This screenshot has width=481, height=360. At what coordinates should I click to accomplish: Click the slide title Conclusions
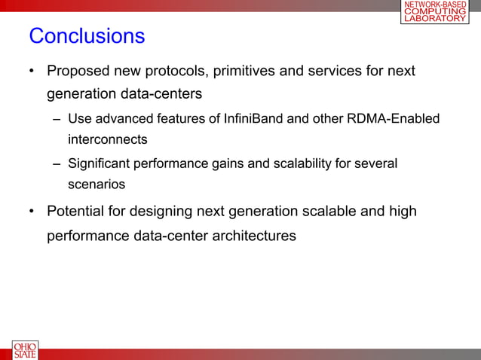(86, 36)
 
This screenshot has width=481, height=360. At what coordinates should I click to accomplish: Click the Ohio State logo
(24, 350)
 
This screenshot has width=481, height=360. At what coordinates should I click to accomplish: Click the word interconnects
(107, 139)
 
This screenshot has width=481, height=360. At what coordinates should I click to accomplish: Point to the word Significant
(98, 163)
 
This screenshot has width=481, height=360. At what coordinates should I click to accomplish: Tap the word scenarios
(96, 184)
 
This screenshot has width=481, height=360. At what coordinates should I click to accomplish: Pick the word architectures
(253, 236)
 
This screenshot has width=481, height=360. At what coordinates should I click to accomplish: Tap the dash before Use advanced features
(57, 120)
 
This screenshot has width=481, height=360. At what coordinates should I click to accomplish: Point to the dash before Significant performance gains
(57, 164)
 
